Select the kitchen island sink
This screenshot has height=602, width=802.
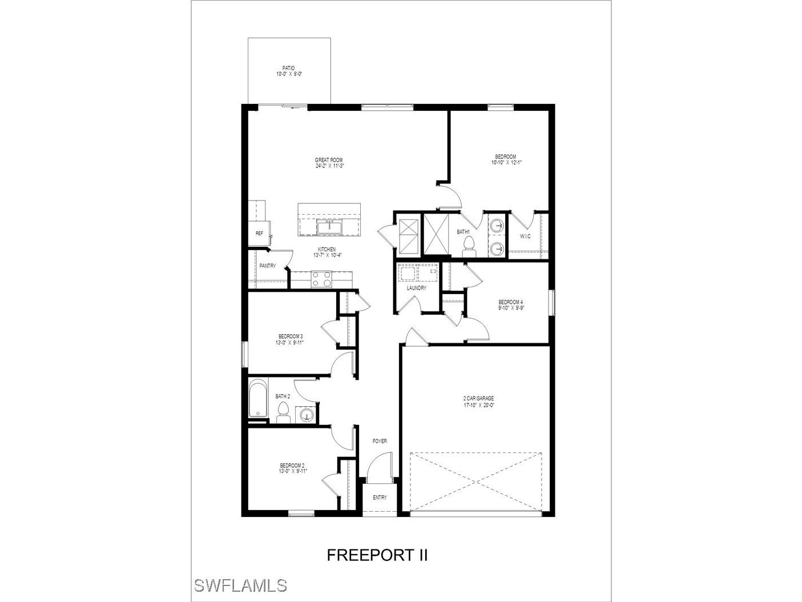point(329,228)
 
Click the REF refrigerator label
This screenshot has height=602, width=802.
point(259,233)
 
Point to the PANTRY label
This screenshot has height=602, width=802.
point(267,266)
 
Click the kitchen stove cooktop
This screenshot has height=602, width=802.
point(321,279)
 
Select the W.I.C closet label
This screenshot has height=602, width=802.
point(525,236)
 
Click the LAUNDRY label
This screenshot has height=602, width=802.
point(416,288)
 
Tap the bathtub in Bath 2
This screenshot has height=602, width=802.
point(259,399)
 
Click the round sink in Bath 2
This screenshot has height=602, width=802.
point(306,415)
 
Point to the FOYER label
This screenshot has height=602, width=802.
point(380,441)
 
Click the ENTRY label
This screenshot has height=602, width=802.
point(380,497)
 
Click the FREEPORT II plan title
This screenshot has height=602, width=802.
point(377,555)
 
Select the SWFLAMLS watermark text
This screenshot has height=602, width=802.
point(240,585)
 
